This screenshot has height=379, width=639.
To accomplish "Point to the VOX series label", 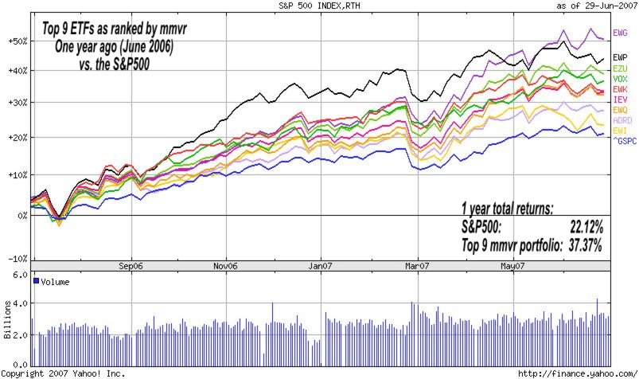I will (620, 80).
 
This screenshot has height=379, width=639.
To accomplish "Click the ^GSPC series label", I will (623, 140).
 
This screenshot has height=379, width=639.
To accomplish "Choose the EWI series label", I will (620, 130).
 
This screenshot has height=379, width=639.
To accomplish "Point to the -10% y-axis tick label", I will (15, 260).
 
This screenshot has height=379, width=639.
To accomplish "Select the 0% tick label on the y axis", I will (19, 215).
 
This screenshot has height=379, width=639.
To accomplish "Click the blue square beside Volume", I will (35, 281).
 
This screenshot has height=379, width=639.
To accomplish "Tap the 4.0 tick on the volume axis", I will (19, 303).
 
